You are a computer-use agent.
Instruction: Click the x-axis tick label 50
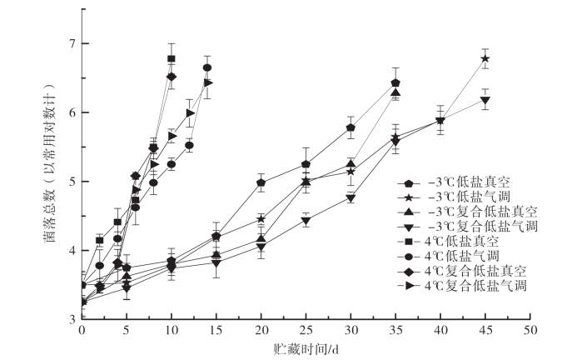[x=529, y=330]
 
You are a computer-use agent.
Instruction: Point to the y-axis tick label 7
[x=73, y=43]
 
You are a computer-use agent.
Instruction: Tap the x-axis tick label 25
[x=306, y=330]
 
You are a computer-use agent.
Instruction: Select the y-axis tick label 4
[x=73, y=250]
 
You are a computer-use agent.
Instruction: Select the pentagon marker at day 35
[x=395, y=83]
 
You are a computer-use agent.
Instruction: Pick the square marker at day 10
[x=172, y=58]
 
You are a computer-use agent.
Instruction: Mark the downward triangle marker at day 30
[x=351, y=198]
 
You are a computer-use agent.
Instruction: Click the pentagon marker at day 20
[x=261, y=182]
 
